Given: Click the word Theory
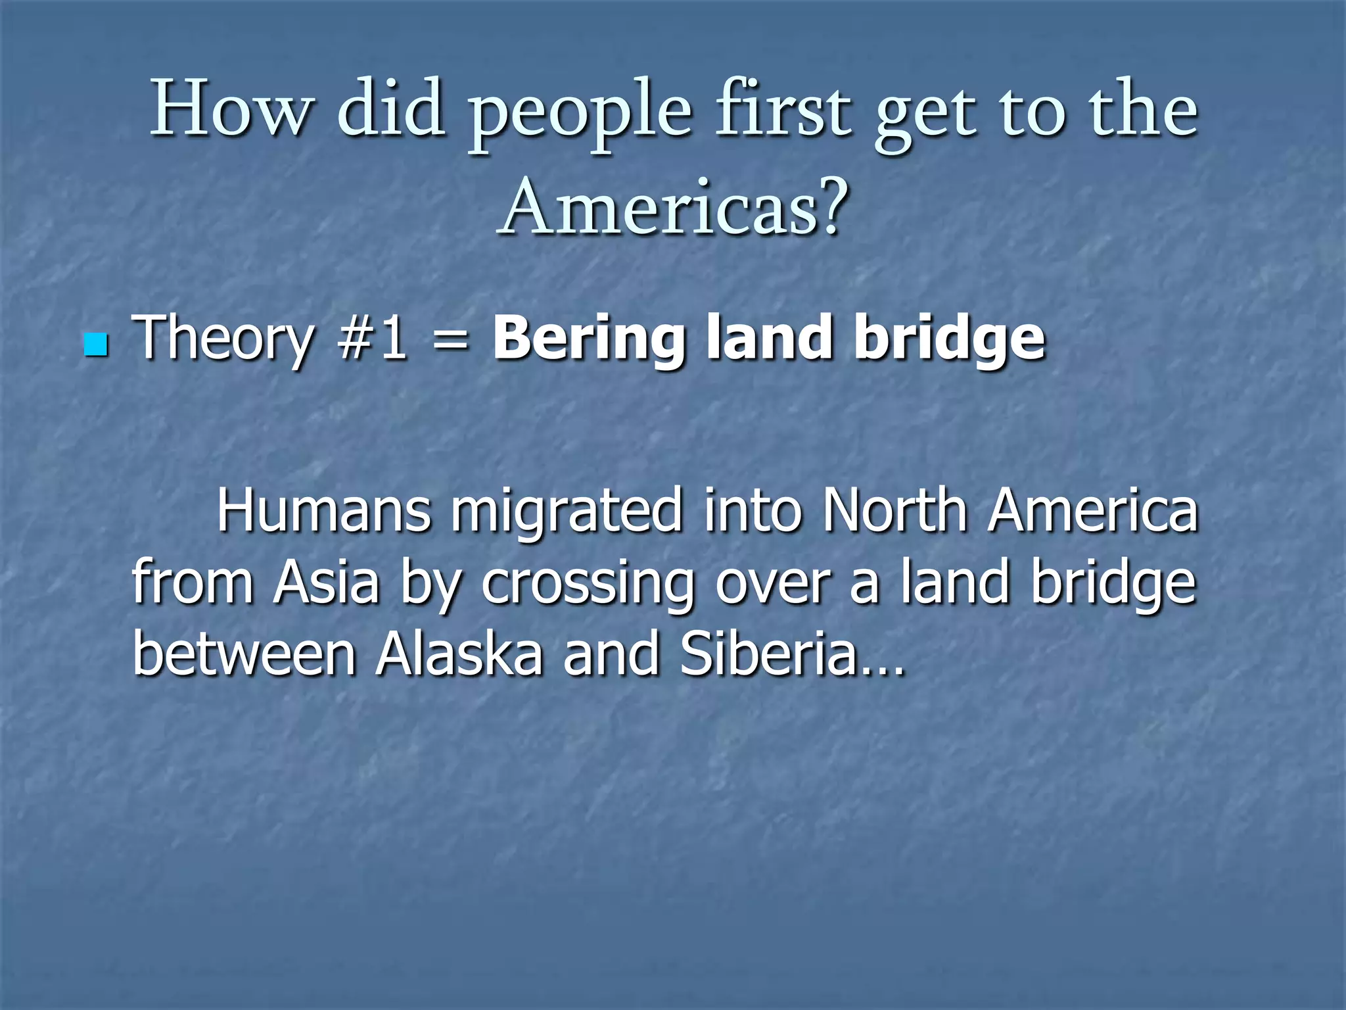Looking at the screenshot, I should coord(223,339).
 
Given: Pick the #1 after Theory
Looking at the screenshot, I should coord(371,338).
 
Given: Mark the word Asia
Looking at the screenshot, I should coord(327,583).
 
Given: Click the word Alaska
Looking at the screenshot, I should coord(459,654).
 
